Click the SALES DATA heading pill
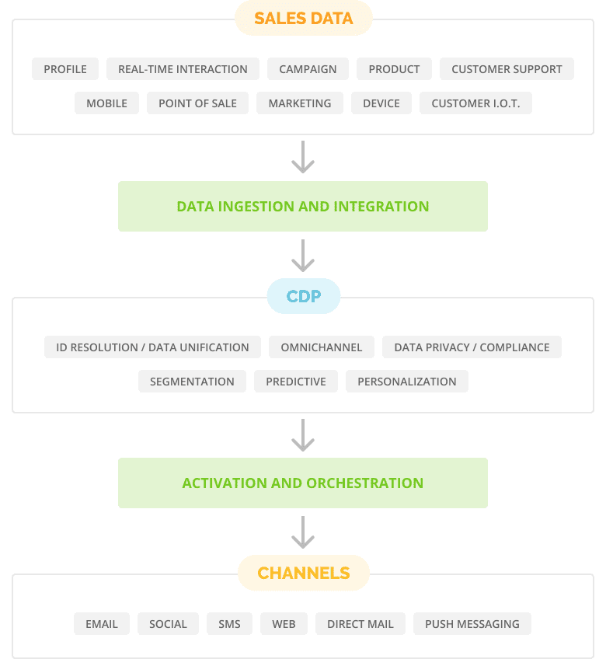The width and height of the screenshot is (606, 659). (x=304, y=18)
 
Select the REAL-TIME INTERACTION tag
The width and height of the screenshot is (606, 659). (x=183, y=69)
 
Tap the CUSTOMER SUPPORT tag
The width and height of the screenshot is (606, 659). (x=507, y=69)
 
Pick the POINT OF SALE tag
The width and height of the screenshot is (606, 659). (x=197, y=103)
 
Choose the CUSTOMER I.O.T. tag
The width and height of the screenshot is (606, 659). (x=475, y=103)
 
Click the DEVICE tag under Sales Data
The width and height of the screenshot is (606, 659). (x=381, y=103)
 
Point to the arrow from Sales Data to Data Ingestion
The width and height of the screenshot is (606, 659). (x=303, y=157)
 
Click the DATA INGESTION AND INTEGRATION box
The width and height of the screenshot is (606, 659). (x=303, y=207)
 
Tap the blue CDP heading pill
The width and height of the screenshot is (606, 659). (x=304, y=296)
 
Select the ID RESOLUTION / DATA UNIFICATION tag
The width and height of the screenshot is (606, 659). (x=152, y=347)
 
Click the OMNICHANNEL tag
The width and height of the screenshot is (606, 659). (x=322, y=347)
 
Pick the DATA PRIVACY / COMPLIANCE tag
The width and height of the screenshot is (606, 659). (x=472, y=347)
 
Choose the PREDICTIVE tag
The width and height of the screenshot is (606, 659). (x=296, y=382)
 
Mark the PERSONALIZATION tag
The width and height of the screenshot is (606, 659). (x=407, y=382)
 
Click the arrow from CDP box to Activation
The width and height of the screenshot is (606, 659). (x=303, y=435)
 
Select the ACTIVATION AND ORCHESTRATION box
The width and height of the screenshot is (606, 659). (x=303, y=483)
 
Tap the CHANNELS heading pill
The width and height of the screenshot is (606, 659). (x=304, y=573)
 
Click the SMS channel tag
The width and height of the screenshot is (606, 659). (x=229, y=624)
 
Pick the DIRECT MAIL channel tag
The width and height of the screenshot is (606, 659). (x=360, y=624)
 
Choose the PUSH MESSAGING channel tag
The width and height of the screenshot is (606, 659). (x=472, y=624)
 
